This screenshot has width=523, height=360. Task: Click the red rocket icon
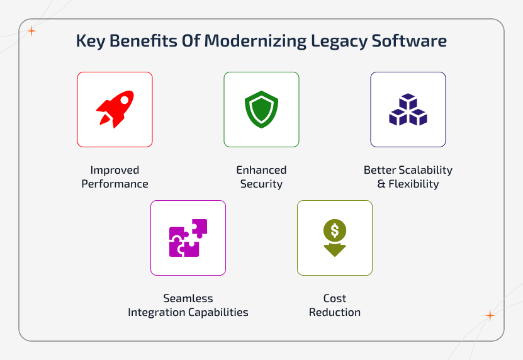(115, 110)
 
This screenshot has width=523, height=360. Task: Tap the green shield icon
(261, 110)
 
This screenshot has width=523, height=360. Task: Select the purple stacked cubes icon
(408, 110)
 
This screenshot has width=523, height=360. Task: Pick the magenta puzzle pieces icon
(188, 238)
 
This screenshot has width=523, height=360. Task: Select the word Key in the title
(89, 42)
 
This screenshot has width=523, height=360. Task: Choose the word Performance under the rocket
(115, 184)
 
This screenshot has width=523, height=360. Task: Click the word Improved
(115, 170)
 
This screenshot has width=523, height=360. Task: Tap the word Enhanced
(261, 170)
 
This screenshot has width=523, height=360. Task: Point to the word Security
(261, 184)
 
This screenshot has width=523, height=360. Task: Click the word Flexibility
(413, 184)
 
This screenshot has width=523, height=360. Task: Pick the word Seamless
(188, 298)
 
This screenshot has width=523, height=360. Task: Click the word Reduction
(335, 313)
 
